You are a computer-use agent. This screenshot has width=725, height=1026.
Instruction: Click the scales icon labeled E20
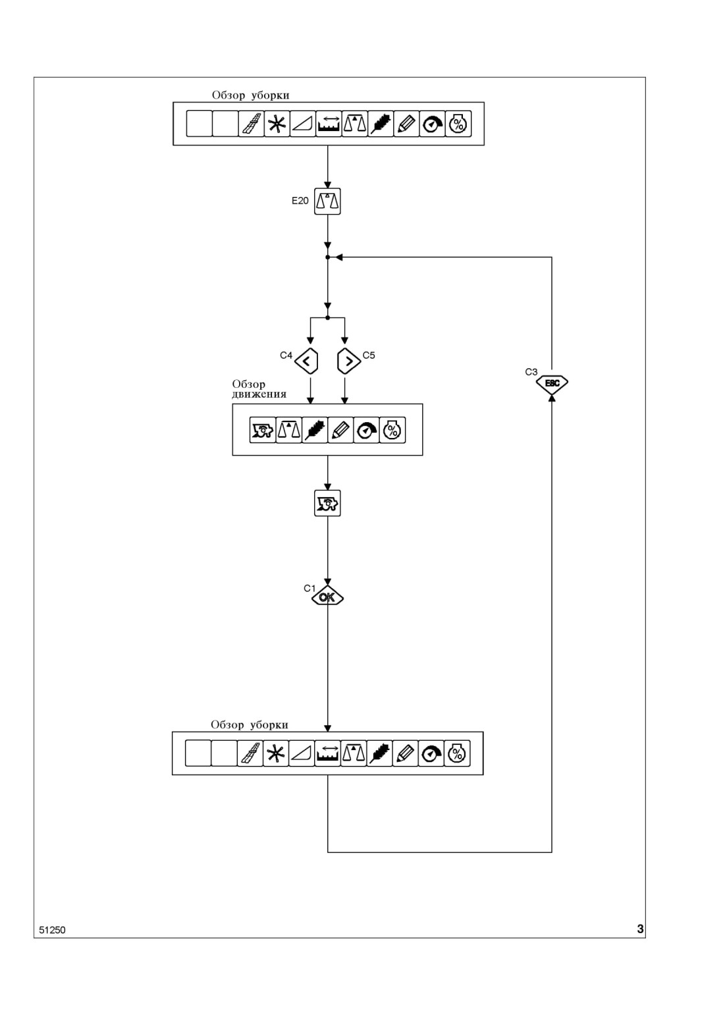click(327, 201)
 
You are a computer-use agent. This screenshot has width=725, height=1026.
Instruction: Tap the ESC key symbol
click(552, 383)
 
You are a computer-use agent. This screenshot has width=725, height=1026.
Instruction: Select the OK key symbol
click(327, 597)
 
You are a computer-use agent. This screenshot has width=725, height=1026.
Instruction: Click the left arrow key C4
click(306, 361)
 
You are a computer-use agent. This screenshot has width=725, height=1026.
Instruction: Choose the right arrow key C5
click(349, 361)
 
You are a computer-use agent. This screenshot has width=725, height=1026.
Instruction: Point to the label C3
click(531, 372)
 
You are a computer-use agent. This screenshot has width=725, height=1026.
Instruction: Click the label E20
click(300, 201)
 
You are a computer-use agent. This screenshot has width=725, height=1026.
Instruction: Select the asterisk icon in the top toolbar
click(277, 124)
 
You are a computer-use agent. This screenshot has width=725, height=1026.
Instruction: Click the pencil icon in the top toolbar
click(406, 124)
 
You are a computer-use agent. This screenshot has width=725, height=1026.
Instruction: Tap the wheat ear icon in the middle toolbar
click(315, 430)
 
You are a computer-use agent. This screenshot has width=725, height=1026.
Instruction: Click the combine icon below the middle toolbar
click(327, 503)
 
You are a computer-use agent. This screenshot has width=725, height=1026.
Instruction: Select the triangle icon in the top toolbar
click(303, 124)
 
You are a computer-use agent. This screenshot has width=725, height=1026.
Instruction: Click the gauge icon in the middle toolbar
click(366, 430)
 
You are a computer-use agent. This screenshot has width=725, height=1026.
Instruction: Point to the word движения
click(259, 394)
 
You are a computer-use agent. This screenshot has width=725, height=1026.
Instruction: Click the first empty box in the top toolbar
click(200, 124)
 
